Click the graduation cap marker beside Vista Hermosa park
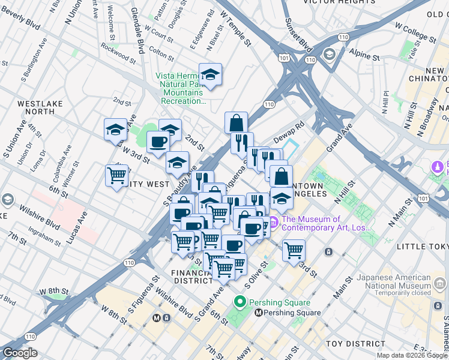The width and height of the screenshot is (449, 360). [x=210, y=76]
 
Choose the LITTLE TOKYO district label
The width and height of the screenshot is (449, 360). [x=422, y=244]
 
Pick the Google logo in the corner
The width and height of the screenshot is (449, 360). [x=20, y=353]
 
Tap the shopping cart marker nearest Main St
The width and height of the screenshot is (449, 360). [x=294, y=251]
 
